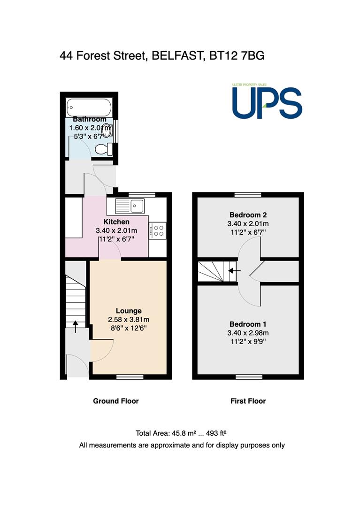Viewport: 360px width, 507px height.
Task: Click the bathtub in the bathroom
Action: (89, 108)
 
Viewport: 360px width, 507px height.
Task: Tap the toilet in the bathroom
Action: (104, 149)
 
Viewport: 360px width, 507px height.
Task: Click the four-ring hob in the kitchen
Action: (158, 231)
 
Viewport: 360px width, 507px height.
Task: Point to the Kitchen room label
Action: (116, 222)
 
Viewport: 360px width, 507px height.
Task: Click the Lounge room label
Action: (129, 311)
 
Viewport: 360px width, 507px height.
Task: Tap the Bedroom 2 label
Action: (248, 215)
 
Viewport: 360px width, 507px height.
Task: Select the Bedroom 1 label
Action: (248, 324)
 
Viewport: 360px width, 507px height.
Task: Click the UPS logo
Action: (267, 102)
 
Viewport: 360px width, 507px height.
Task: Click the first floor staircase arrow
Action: (234, 271)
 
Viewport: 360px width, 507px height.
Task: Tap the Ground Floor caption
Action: (115, 401)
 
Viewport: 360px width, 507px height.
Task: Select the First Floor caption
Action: (248, 401)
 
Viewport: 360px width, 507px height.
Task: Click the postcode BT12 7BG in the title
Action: (237, 55)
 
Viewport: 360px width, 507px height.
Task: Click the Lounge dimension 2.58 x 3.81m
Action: (129, 320)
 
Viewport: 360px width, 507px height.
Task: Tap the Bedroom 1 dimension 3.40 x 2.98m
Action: (248, 333)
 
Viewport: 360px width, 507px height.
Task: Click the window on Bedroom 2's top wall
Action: (248, 195)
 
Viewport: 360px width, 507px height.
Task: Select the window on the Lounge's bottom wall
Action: (130, 376)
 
